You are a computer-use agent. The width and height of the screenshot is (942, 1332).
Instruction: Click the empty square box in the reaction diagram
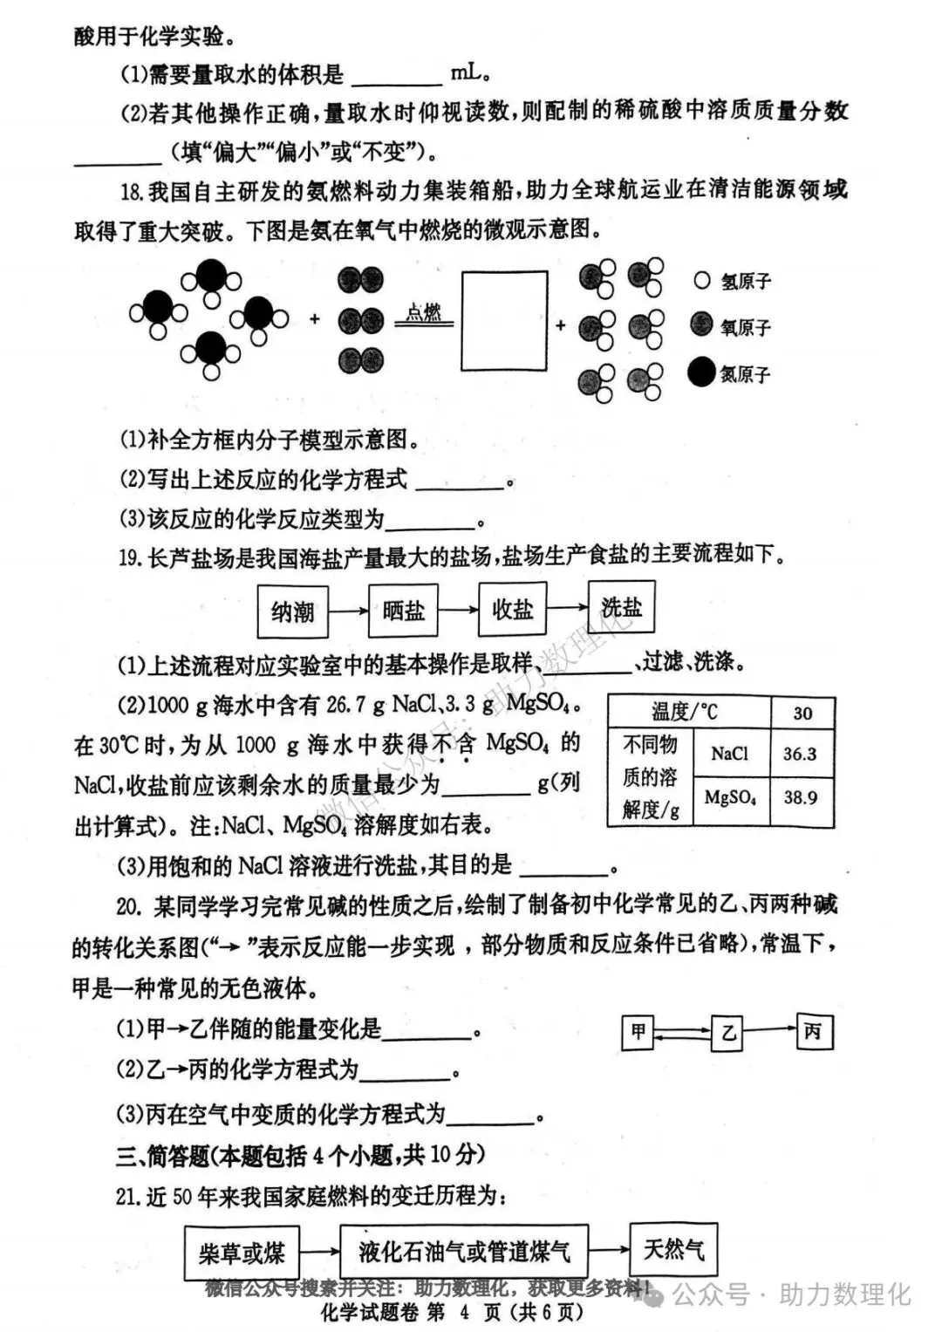(x=504, y=321)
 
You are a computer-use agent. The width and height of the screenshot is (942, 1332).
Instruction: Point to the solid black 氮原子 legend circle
(x=701, y=372)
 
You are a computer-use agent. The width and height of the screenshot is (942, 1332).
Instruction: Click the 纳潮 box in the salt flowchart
(x=292, y=611)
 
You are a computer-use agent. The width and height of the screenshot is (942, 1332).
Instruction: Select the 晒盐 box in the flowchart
(x=403, y=610)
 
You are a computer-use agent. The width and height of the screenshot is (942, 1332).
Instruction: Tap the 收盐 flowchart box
(x=512, y=608)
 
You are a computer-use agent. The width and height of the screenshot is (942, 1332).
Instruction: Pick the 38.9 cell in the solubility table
(x=801, y=797)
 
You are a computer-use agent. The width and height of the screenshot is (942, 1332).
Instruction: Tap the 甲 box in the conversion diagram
(x=638, y=1033)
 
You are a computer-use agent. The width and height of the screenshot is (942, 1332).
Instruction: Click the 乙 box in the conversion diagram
(x=728, y=1034)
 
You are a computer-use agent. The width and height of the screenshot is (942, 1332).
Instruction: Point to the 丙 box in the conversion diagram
(x=814, y=1032)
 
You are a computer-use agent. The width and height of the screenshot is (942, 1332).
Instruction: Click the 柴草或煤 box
(x=242, y=1253)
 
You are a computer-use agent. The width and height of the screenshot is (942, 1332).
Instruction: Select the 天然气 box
(x=673, y=1249)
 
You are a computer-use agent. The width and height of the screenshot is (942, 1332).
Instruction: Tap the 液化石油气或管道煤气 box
(x=464, y=1252)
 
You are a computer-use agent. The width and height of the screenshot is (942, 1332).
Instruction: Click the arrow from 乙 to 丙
(x=771, y=1030)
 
